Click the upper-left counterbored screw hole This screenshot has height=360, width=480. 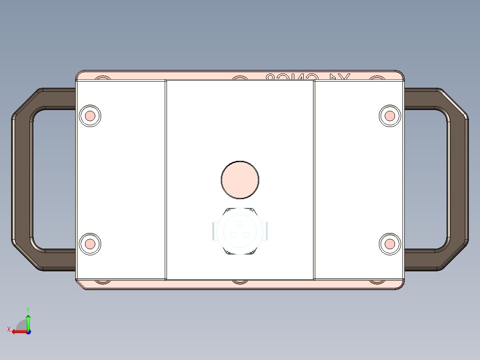(x=90, y=116)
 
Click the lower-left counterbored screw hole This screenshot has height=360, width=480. (x=90, y=244)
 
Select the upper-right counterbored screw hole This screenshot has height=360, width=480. (x=390, y=116)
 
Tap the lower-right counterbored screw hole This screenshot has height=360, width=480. (x=390, y=244)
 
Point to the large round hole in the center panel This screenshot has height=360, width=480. (x=240, y=180)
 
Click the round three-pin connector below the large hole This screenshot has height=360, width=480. (x=240, y=231)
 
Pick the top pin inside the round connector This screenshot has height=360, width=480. (x=240, y=224)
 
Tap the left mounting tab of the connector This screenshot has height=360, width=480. (x=214, y=231)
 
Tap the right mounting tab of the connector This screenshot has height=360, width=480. (x=266, y=231)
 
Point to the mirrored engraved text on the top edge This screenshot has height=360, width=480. (x=308, y=77)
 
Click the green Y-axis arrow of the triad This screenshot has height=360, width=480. (x=28, y=320)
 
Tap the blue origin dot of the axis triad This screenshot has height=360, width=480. (x=28, y=331)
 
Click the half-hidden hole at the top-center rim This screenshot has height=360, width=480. (x=240, y=78)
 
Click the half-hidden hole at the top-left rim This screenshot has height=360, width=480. (x=103, y=78)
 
